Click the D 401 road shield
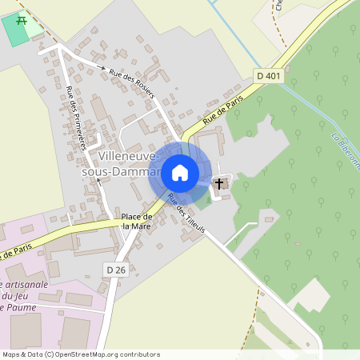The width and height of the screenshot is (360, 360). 270,75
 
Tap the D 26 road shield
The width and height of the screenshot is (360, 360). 116,270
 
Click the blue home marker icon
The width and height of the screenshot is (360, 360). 180,172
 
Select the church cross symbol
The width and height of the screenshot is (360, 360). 220,184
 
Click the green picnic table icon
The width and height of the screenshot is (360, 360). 22,21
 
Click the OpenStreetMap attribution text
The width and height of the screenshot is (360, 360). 81,354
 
